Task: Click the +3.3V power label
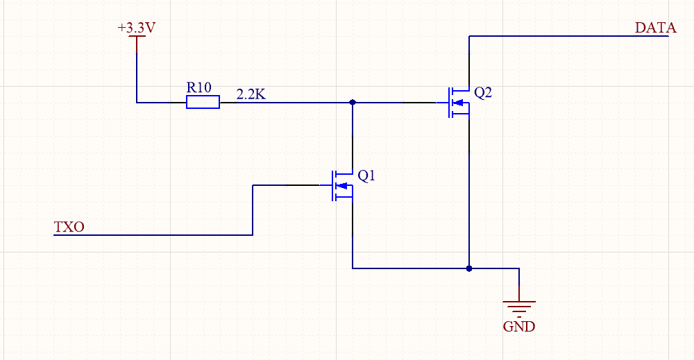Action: (x=136, y=28)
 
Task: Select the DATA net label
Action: (x=655, y=28)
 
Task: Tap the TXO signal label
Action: (x=69, y=227)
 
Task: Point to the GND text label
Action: (x=519, y=327)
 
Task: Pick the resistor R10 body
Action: (x=203, y=103)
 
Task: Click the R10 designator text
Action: (x=198, y=87)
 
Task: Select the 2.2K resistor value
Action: (x=251, y=94)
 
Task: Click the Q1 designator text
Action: (x=366, y=176)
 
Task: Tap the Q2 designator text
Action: (x=483, y=93)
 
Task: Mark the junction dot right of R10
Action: (x=353, y=102)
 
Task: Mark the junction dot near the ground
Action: (x=469, y=268)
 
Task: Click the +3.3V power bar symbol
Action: (x=137, y=37)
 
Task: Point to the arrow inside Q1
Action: (x=341, y=185)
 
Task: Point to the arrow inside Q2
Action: (x=458, y=103)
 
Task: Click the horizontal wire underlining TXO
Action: (x=153, y=235)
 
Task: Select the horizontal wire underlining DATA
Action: (x=569, y=37)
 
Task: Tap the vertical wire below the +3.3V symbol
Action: (x=137, y=69)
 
